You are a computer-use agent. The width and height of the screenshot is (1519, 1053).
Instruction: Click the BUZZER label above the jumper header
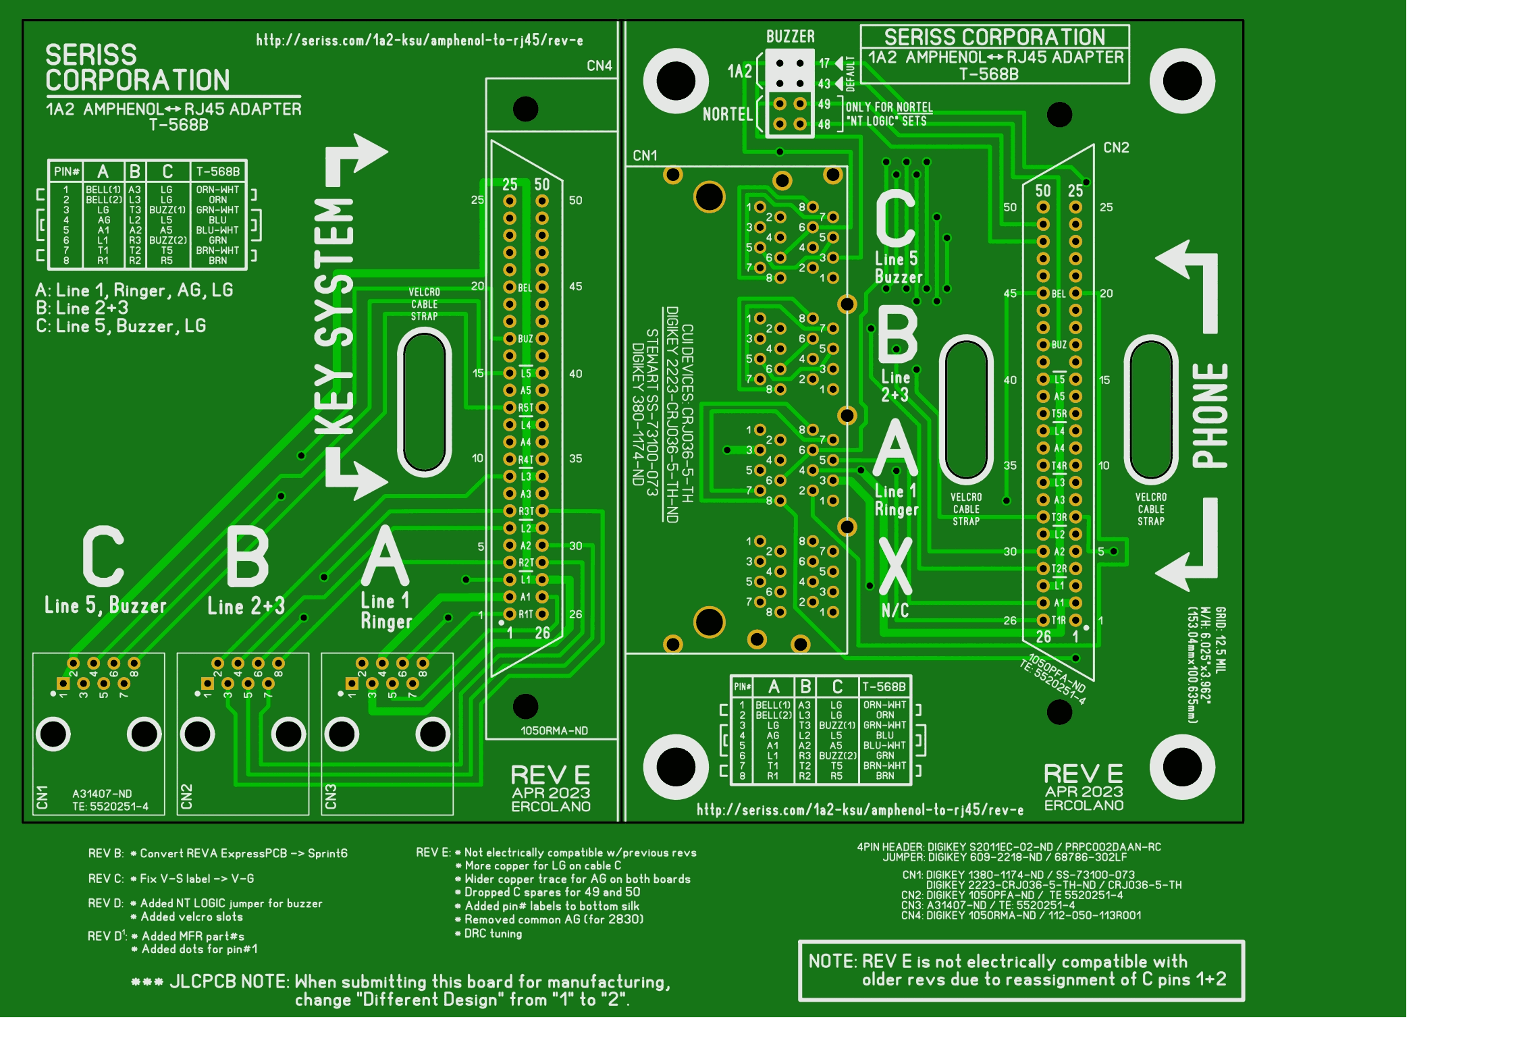(790, 36)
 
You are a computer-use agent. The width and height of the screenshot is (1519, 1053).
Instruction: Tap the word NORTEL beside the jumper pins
(727, 114)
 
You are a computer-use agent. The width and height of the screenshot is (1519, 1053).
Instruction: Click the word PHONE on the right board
(1210, 416)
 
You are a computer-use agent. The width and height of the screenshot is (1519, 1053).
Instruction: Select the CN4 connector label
(599, 65)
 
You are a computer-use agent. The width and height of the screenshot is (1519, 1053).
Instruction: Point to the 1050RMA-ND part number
(554, 730)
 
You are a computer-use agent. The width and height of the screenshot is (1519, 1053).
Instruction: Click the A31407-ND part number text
(102, 794)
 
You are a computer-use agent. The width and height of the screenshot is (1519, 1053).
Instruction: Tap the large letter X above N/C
(895, 567)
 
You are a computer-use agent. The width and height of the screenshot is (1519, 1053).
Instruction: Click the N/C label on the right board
(895, 611)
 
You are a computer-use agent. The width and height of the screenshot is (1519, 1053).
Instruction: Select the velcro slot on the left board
(424, 402)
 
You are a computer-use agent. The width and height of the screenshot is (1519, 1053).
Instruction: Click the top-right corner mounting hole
(1181, 81)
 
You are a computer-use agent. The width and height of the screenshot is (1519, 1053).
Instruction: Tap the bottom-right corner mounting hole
(1181, 767)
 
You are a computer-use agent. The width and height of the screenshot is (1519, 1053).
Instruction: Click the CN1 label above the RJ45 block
(645, 155)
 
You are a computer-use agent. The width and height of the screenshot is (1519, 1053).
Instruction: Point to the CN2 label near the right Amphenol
(1116, 147)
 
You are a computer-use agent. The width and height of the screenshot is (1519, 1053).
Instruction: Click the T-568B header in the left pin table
(217, 171)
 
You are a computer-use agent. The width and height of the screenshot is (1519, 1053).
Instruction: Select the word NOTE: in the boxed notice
(832, 961)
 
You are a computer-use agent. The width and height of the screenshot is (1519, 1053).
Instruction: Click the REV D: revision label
(106, 903)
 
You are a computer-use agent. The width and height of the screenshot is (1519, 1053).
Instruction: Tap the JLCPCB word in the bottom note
(202, 981)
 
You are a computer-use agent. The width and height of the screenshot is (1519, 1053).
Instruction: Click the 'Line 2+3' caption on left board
(246, 606)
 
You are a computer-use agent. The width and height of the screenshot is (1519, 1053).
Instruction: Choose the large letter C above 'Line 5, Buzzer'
(103, 557)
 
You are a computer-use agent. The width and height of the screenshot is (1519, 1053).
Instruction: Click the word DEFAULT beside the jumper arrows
(850, 74)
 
